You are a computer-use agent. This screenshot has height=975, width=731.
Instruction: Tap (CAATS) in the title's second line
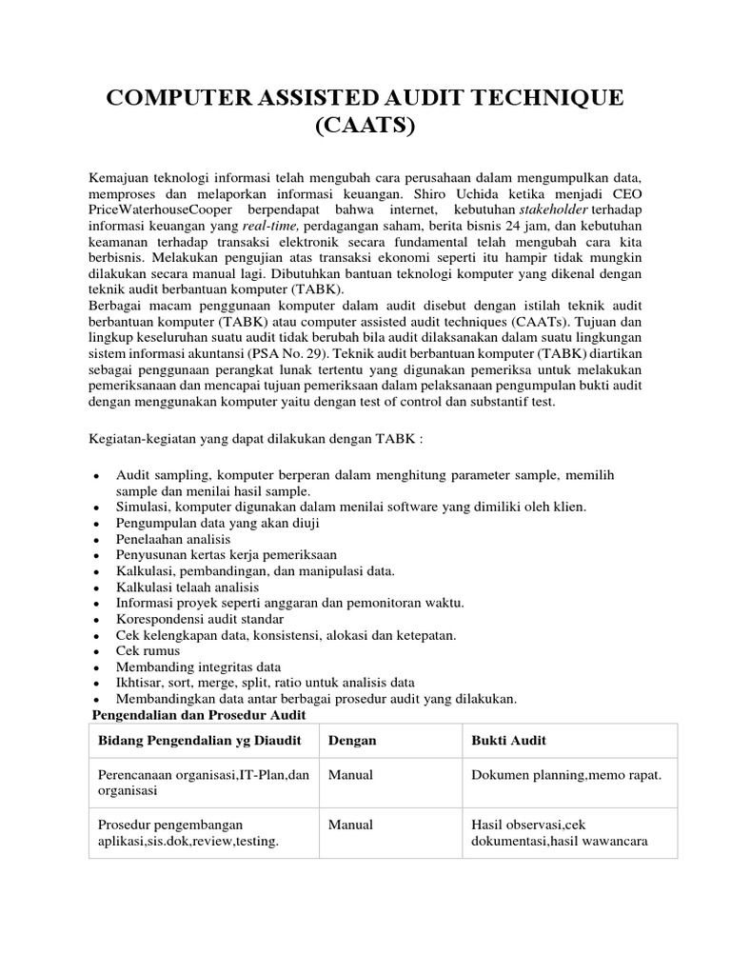(x=365, y=126)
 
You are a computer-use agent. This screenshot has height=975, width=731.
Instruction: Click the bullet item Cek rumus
(x=150, y=650)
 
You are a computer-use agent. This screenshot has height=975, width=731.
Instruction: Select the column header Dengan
(x=352, y=740)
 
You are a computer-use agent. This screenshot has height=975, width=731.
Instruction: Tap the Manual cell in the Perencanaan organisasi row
(x=350, y=774)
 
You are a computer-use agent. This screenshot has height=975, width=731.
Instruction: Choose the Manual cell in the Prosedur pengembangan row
(x=350, y=825)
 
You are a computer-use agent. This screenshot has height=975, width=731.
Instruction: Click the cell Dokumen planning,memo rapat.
(x=566, y=774)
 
